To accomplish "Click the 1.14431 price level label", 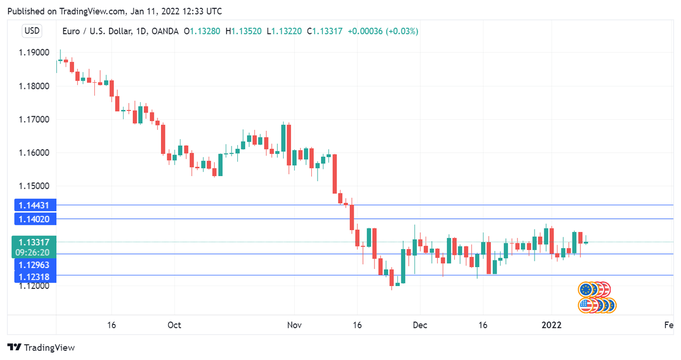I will point(35,205).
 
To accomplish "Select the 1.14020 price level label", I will point(35,219).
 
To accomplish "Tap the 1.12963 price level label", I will point(35,265).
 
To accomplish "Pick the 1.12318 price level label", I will point(35,277).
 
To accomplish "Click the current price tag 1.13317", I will point(35,242).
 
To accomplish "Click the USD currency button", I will point(32,31).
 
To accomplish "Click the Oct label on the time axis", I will point(174,325).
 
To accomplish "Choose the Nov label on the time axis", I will point(294,325).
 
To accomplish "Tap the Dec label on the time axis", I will point(420,325).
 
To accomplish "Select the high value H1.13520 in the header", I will point(246,31).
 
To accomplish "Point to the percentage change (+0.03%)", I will point(402,31).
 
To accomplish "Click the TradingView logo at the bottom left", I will point(42,347).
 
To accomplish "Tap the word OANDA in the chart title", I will point(165,31).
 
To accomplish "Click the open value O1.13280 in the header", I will point(202,31).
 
